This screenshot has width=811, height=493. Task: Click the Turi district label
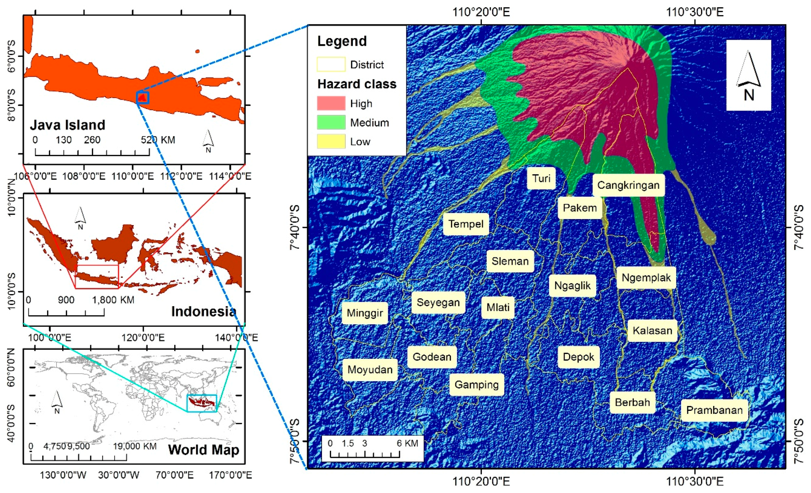coord(541,178)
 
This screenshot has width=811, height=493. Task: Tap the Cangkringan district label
coord(628,185)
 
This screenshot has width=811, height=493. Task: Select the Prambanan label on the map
coord(714,410)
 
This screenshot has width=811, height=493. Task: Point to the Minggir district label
coord(365,313)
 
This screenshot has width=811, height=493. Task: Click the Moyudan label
coord(370,369)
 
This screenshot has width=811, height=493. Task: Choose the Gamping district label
coord(476,384)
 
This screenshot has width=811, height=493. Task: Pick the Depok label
coord(578,357)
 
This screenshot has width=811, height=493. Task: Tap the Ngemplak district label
coord(646,278)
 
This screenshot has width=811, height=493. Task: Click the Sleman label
coord(510,261)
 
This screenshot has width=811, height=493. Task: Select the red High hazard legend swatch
coord(331,103)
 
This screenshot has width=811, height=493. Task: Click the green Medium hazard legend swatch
coord(331,123)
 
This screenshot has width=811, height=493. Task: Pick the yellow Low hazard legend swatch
coord(331,141)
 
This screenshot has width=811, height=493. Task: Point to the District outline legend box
coord(331,65)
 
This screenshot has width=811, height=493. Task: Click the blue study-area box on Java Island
coord(143,98)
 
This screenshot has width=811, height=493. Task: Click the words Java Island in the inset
coord(68,125)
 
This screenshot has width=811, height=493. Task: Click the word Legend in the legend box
coord(342,41)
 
